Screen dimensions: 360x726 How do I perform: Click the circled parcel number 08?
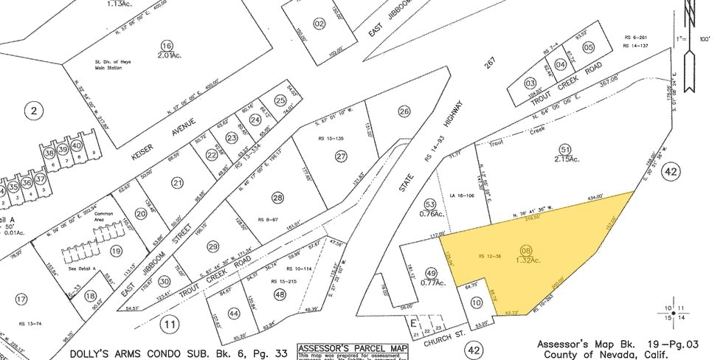[x=526, y=251]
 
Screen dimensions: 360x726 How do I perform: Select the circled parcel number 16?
[x=167, y=45]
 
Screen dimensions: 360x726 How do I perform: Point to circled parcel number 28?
[x=277, y=198]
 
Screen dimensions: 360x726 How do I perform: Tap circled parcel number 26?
[x=404, y=112]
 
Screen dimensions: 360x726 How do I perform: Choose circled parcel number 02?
[x=319, y=23]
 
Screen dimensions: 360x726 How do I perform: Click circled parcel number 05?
[x=588, y=47]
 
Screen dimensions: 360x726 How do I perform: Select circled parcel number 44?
[x=234, y=313]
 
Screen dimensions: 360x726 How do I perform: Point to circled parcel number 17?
[x=21, y=299]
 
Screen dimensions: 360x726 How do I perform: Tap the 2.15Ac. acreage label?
[x=567, y=159]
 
